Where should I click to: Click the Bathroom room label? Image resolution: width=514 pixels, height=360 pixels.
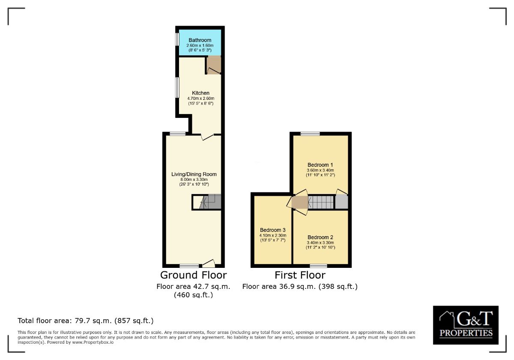pyautogui.click(x=200, y=40)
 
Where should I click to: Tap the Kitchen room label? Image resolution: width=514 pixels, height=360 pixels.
pyautogui.click(x=200, y=93)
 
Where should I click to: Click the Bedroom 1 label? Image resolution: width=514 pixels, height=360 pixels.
pyautogui.click(x=320, y=165)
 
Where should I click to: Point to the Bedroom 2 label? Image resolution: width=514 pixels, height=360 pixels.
pyautogui.click(x=320, y=237)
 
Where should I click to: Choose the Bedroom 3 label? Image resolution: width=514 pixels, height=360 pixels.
pyautogui.click(x=273, y=230)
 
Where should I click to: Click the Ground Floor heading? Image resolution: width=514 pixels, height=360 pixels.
pyautogui.click(x=194, y=275)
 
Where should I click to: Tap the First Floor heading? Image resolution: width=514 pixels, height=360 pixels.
pyautogui.click(x=300, y=275)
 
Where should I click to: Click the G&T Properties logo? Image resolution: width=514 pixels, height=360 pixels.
pyautogui.click(x=466, y=325)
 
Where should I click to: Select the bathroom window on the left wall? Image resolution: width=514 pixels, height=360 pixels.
pyautogui.click(x=177, y=39)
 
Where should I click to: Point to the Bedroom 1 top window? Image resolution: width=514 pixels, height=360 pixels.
pyautogui.click(x=310, y=134)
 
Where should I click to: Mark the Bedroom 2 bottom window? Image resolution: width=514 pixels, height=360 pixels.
pyautogui.click(x=318, y=266)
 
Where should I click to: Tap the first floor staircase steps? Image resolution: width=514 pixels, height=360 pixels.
pyautogui.click(x=321, y=202)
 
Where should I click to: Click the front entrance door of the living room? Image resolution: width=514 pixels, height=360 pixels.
pyautogui.click(x=208, y=263)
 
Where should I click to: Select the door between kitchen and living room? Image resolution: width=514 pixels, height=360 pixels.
pyautogui.click(x=207, y=136)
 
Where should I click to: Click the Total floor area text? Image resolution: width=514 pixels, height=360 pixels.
pyautogui.click(x=85, y=321)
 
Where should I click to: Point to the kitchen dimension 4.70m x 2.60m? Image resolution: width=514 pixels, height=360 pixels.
pyautogui.click(x=200, y=99)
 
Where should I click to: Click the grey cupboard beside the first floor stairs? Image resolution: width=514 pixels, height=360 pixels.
pyautogui.click(x=341, y=202)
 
